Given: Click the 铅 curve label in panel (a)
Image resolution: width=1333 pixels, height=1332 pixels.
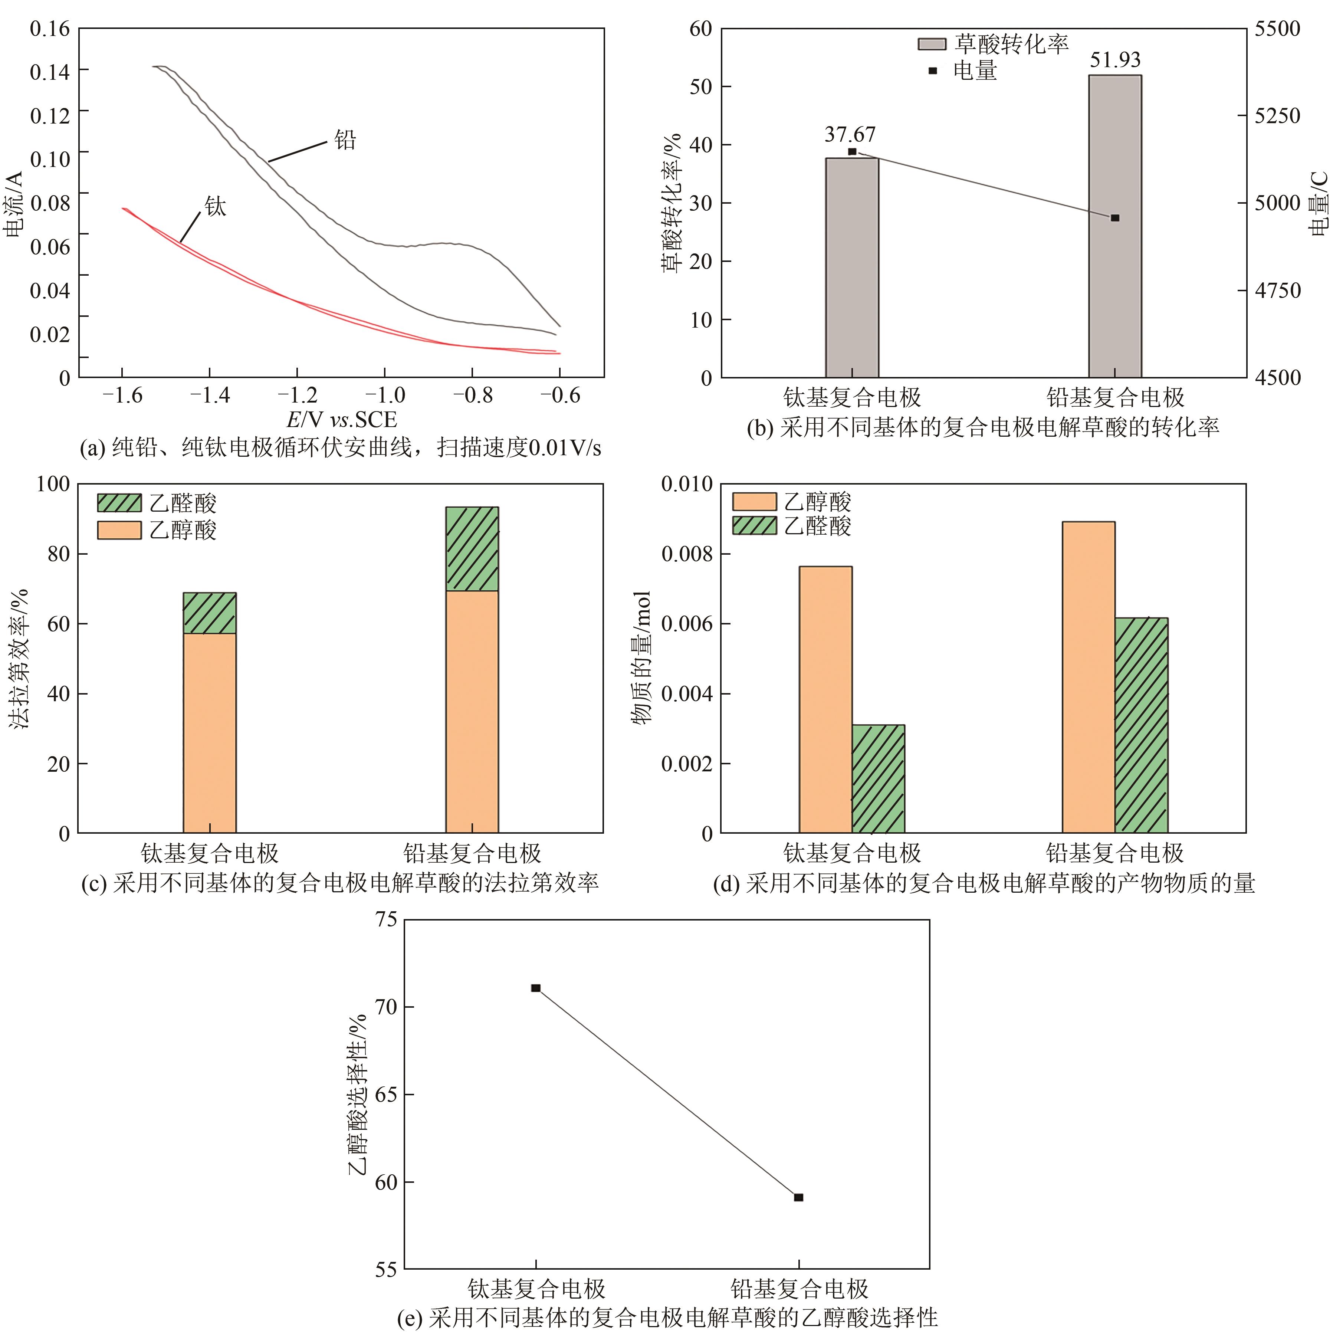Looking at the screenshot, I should pos(345,141).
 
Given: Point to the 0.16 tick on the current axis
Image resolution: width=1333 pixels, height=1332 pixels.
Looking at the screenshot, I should pos(50,29).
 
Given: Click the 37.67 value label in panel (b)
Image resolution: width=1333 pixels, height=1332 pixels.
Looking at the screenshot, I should pos(850,135).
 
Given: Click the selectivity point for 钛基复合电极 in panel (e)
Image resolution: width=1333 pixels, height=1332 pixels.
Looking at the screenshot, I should pos(535,988).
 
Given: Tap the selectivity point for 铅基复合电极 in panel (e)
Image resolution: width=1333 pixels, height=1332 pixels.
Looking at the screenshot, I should pos(798,1197).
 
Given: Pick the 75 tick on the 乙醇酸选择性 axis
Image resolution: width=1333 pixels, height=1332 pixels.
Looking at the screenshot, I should pos(386,920).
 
